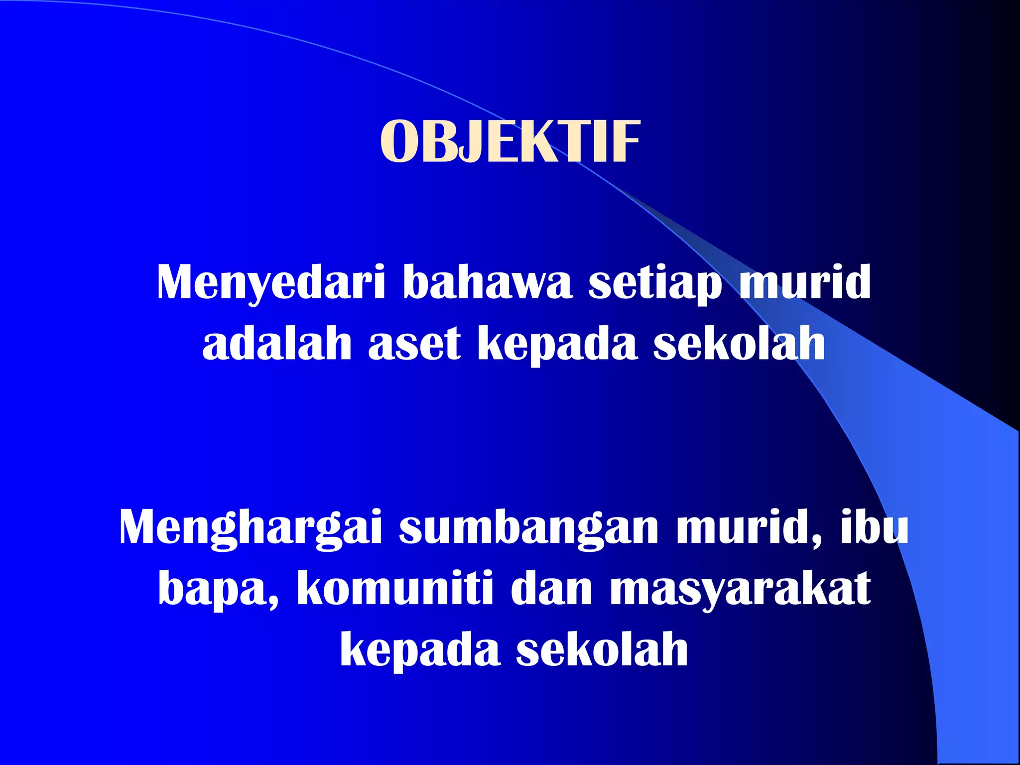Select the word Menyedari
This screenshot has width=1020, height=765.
click(271, 282)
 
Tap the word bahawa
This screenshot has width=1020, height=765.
click(488, 282)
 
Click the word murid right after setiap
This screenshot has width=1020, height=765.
click(805, 282)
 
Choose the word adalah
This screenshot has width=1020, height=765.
click(277, 344)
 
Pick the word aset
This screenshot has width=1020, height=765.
click(414, 344)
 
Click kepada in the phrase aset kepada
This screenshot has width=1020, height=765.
click(557, 344)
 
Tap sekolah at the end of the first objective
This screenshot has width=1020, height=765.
click(739, 344)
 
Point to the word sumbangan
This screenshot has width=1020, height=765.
click(529, 528)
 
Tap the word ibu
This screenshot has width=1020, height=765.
click(875, 528)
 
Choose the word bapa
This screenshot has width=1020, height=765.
click(218, 590)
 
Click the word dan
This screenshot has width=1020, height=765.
click(551, 589)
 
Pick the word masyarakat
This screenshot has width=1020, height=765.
click(741, 590)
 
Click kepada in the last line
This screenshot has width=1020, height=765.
click(420, 650)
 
